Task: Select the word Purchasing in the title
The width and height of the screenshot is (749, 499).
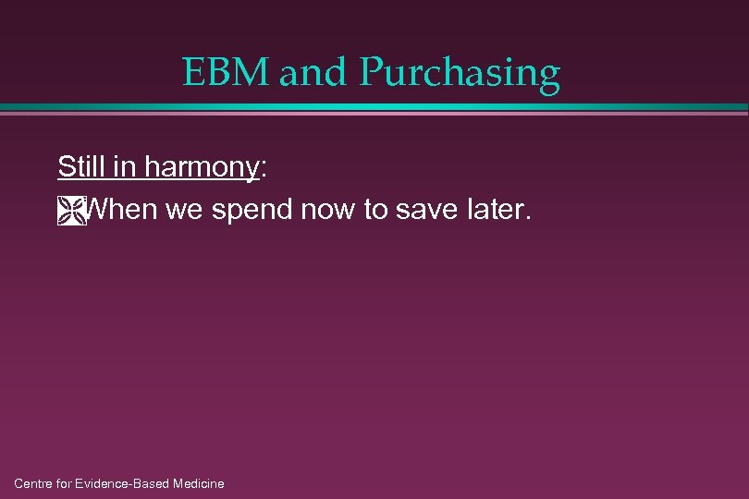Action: (460, 74)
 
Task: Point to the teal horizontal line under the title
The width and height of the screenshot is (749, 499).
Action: (374, 108)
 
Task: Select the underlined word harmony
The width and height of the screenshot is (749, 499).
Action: (200, 168)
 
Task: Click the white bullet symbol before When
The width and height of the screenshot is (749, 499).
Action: (70, 212)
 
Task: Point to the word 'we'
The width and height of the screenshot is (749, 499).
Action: (185, 212)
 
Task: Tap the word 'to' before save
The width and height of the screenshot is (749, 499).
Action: (375, 211)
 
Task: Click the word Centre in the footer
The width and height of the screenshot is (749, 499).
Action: (35, 483)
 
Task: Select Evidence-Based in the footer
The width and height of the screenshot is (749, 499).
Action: (125, 483)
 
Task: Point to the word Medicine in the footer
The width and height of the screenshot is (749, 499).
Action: (198, 483)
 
